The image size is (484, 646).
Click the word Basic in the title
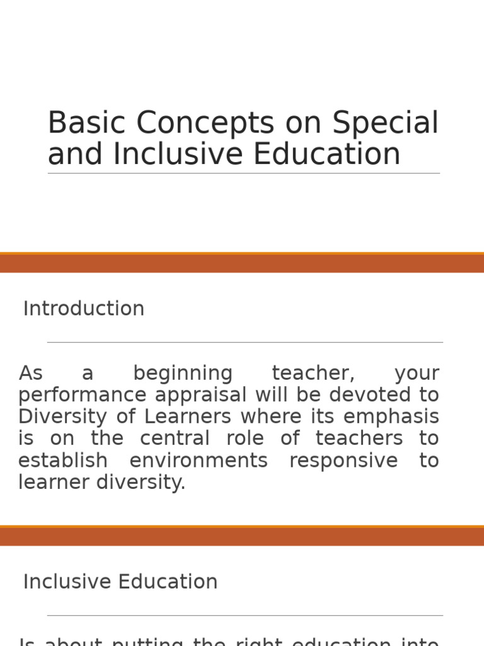(86, 123)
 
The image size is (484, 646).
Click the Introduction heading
(84, 309)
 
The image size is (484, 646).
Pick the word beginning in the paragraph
(183, 374)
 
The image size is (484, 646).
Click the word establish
(63, 461)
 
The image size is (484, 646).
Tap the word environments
(199, 461)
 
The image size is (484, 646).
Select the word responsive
(343, 461)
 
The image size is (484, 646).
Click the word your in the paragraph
(417, 374)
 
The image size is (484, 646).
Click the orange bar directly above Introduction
(242, 263)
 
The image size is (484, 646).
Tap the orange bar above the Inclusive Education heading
(242, 536)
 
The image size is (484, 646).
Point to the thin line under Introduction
(245, 343)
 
